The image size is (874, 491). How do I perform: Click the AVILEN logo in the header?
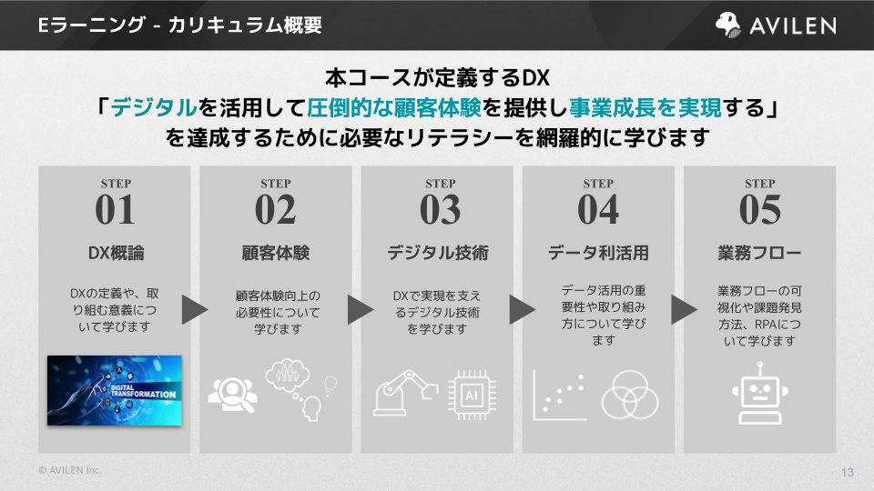point(776,25)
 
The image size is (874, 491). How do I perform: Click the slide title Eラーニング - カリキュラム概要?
point(180,25)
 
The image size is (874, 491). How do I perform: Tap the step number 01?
point(115,210)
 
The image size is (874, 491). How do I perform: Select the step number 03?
point(440,210)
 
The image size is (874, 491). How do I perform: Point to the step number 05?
point(759,210)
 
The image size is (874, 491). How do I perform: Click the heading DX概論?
point(115,253)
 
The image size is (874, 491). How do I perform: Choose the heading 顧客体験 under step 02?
point(276,253)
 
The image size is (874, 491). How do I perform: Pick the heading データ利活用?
point(598,253)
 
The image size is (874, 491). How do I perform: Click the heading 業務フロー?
point(759,253)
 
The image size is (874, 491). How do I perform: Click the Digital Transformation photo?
point(115,390)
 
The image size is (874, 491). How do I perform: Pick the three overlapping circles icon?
point(629,392)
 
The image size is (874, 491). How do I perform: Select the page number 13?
point(847,472)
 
